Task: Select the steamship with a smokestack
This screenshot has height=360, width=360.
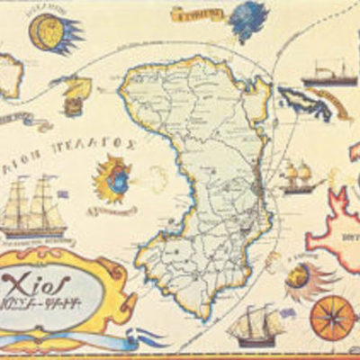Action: click(x=328, y=74)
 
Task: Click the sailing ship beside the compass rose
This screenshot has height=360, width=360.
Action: click(x=255, y=325)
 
